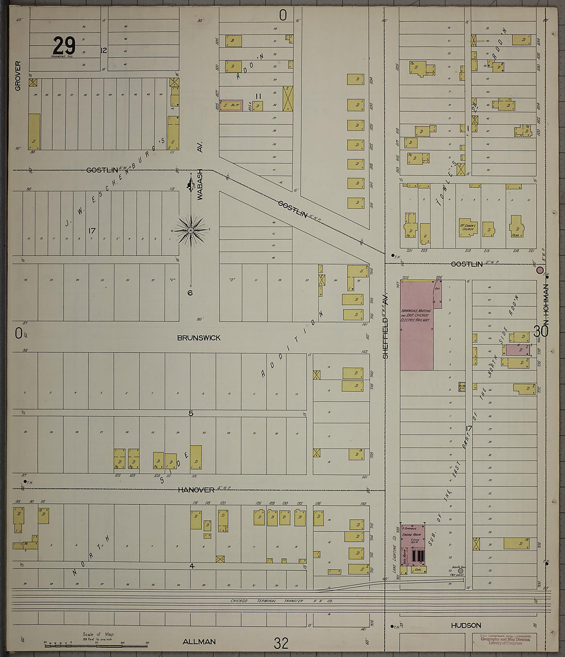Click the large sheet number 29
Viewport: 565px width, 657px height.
coord(64,46)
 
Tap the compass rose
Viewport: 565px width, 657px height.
coord(191,230)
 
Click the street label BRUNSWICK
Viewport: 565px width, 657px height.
coord(199,337)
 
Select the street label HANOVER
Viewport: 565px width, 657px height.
coord(196,490)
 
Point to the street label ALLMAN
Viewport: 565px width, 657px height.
coord(199,642)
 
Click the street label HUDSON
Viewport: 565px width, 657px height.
coord(466,625)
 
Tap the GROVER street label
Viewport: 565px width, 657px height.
coord(18,76)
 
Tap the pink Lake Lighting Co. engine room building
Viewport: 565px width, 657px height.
coord(413,539)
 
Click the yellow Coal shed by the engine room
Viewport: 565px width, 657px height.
coord(418,569)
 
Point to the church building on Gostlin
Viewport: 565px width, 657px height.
coord(467,228)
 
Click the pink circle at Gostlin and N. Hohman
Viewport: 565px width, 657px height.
coord(540,270)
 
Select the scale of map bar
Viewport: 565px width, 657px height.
coord(69,643)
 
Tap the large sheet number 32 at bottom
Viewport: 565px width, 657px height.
coord(281,643)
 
